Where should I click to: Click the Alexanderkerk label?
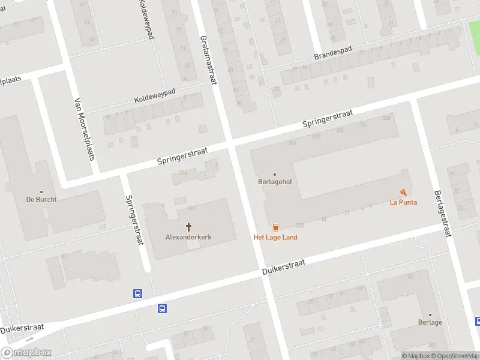[x=188, y=237]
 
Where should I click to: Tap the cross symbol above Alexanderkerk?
[x=188, y=227]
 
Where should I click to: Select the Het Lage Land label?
[x=275, y=237]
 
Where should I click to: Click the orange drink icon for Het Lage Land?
[x=275, y=227]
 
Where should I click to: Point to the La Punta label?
[x=403, y=202]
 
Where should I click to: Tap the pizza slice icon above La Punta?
[x=403, y=192]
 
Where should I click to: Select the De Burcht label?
[x=41, y=199]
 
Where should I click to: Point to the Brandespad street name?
[x=334, y=53]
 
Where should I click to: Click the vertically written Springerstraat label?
[x=134, y=220]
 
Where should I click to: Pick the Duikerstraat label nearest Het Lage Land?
[x=284, y=267]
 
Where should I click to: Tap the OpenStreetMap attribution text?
[x=454, y=356]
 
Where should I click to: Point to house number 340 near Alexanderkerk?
[x=191, y=208]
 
